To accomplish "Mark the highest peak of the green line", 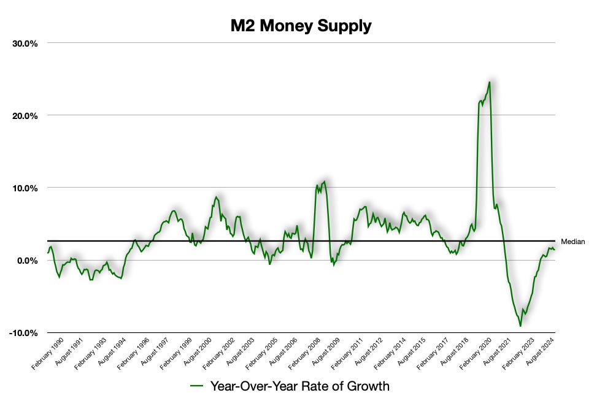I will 489,82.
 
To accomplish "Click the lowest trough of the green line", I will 520,326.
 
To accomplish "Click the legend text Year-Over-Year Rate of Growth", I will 300,386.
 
